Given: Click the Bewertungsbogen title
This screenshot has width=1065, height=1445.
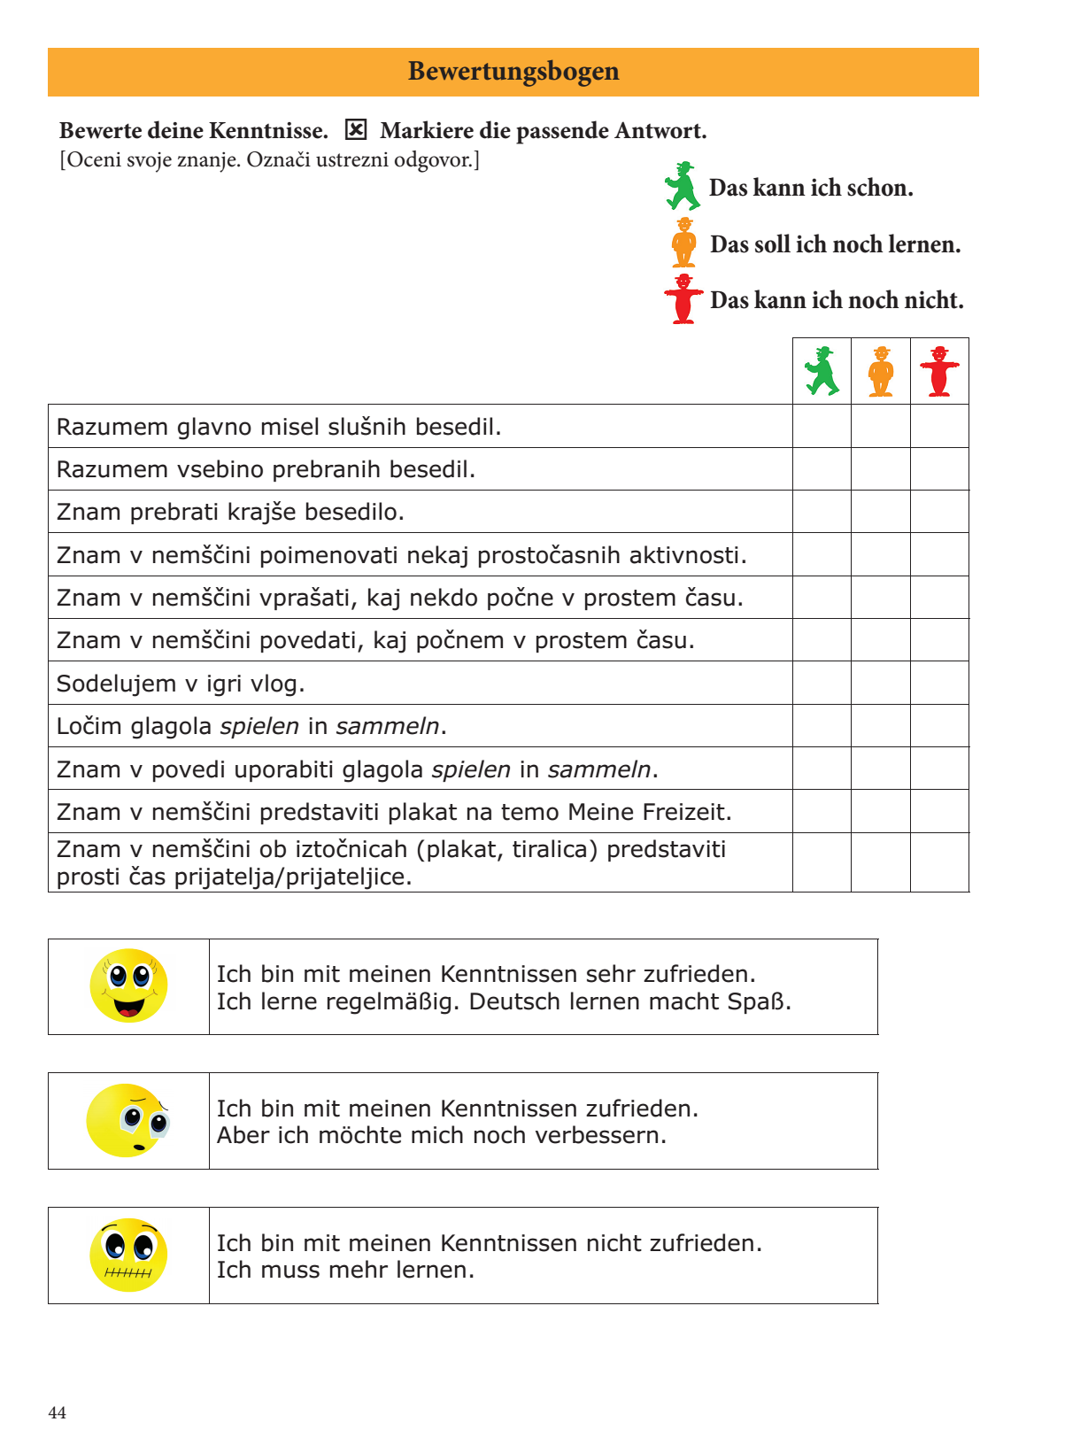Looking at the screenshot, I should coord(513,72).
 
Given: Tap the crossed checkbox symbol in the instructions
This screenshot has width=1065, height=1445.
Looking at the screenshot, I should coord(355,130).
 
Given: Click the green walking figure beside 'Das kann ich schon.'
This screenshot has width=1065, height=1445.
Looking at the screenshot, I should coord(683,186).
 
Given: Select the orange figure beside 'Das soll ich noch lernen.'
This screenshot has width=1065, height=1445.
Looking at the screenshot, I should coord(683,243).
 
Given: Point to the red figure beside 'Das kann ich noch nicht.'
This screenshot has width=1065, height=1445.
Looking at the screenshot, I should coord(683,299).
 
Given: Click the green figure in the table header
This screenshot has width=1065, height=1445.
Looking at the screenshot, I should coord(822,371).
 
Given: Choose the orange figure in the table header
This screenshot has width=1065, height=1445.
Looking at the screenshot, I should coord(881,371).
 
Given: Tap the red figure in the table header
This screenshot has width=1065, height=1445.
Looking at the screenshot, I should coord(939,371).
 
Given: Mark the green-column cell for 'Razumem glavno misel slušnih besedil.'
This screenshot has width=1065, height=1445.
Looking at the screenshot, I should coord(822,426).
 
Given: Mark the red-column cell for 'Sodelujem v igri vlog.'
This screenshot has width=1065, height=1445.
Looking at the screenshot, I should coord(939,683).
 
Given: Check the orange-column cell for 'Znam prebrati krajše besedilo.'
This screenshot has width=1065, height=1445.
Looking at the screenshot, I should coord(881,512).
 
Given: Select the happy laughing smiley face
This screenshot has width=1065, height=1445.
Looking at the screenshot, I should coord(129,985).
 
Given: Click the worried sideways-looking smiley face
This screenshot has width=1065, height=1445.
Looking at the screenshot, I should coord(128,1120).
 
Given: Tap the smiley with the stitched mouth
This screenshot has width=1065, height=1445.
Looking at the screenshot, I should coord(128,1255).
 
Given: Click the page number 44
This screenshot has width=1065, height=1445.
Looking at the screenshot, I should coord(58,1412).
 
